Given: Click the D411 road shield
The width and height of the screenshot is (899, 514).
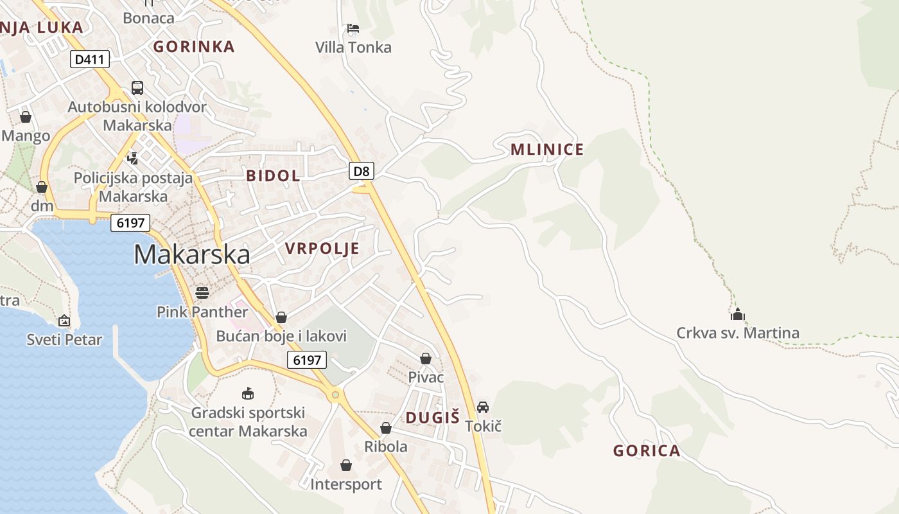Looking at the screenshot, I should pyautogui.click(x=90, y=59).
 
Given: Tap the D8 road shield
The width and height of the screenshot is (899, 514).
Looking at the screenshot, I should pyautogui.click(x=362, y=170).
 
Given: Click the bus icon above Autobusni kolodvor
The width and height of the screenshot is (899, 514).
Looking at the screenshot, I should pyautogui.click(x=137, y=88).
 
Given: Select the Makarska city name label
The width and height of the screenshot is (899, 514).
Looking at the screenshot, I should pyautogui.click(x=192, y=255).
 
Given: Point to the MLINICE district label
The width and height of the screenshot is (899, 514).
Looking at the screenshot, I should pyautogui.click(x=547, y=150).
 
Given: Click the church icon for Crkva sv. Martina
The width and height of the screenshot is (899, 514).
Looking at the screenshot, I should pyautogui.click(x=737, y=314).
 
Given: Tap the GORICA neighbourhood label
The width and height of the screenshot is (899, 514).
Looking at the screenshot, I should pyautogui.click(x=647, y=450).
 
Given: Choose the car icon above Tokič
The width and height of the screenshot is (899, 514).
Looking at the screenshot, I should pyautogui.click(x=483, y=407).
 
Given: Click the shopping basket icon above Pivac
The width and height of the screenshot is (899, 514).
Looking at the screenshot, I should pyautogui.click(x=426, y=359).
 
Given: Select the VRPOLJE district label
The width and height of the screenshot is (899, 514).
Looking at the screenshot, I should pyautogui.click(x=322, y=249).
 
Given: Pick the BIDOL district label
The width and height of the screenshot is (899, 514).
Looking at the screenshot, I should pyautogui.click(x=273, y=175).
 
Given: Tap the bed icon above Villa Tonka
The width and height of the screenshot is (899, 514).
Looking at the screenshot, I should pyautogui.click(x=353, y=28).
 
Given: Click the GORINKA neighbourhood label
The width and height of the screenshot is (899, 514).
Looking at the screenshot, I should pyautogui.click(x=194, y=46).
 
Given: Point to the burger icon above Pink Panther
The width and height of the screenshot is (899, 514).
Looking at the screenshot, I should pyautogui.click(x=202, y=293).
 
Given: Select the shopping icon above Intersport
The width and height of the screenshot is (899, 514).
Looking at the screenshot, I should pyautogui.click(x=346, y=465).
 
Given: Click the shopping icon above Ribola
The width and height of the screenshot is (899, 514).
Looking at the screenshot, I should pyautogui.click(x=386, y=428).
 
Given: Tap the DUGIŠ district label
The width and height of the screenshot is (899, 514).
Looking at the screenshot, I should pyautogui.click(x=432, y=418).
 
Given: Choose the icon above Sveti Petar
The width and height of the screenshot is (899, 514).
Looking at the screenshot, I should pyautogui.click(x=64, y=321).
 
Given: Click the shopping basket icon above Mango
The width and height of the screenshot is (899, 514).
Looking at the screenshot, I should pyautogui.click(x=26, y=117).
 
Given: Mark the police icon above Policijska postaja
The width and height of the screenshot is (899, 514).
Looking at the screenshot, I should pyautogui.click(x=133, y=158).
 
